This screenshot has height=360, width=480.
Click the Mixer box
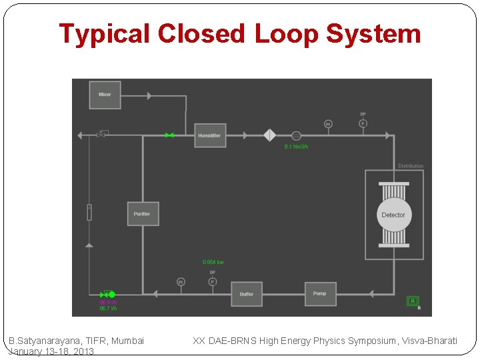[105, 95]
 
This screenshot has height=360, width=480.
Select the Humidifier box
[210, 135]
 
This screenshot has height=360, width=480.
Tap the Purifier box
[143, 214]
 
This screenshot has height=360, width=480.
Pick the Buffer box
[247, 294]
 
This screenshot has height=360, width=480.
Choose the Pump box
[320, 293]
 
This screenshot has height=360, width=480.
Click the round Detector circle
[393, 215]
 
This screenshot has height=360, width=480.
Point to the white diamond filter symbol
[269, 135]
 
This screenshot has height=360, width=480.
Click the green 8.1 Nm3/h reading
[297, 147]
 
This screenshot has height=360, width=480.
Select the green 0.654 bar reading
[213, 262]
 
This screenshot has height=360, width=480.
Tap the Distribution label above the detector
[411, 166]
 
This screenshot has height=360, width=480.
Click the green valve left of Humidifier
[169, 135]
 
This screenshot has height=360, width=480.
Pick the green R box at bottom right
[413, 301]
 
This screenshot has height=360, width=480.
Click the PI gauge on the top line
[328, 123]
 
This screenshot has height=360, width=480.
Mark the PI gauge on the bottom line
[181, 282]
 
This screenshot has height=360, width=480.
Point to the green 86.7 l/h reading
[108, 309]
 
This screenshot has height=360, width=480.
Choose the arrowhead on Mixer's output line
[149, 95]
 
